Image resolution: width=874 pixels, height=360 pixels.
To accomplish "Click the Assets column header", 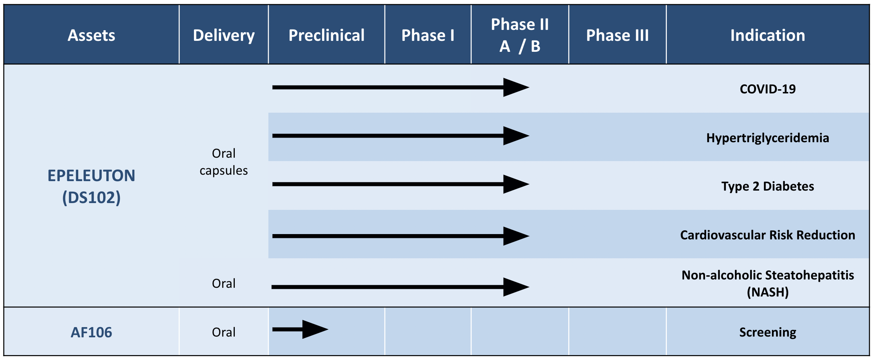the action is (91, 35).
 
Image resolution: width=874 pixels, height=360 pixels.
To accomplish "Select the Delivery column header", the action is (224, 36).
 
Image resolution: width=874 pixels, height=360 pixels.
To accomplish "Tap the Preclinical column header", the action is (327, 35).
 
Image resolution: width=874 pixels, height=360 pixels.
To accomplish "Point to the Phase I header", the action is (428, 35).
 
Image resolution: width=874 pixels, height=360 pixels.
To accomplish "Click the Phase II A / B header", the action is (520, 35).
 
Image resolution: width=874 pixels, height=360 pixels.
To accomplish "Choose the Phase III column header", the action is (617, 35).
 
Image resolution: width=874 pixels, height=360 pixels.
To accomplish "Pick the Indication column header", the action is (768, 35).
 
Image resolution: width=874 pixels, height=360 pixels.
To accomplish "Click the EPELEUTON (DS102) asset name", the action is (91, 186).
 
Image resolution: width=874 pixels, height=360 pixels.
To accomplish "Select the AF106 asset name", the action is (91, 332).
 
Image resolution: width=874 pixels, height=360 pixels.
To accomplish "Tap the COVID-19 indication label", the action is (768, 89).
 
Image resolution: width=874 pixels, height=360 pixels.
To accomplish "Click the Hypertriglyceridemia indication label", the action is (768, 138).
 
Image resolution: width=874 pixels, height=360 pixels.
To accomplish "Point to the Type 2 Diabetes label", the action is (768, 186).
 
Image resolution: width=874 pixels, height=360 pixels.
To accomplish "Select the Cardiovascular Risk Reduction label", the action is (768, 235).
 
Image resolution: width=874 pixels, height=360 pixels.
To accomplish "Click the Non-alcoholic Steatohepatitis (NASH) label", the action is (768, 283).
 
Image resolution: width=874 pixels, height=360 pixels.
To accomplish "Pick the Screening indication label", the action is (768, 332).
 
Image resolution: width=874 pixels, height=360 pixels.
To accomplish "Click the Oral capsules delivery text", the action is (224, 162).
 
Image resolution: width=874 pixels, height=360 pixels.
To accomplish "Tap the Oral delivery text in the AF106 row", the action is (224, 332).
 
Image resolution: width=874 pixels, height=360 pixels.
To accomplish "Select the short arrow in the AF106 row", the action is (300, 329).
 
